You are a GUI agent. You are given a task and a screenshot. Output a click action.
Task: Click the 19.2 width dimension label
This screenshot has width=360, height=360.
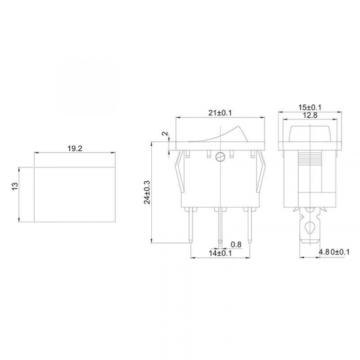(x=74, y=149)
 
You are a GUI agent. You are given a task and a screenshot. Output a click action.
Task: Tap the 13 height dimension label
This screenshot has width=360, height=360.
(x=14, y=186)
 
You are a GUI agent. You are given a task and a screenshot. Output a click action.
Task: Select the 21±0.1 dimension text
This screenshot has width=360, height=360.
(x=220, y=113)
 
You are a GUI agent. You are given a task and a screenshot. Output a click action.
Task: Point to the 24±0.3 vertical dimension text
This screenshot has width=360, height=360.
(x=147, y=193)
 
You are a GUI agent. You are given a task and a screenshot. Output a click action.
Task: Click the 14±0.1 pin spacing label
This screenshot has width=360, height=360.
(x=220, y=253)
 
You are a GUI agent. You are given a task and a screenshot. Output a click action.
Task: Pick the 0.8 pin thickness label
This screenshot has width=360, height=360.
(x=236, y=245)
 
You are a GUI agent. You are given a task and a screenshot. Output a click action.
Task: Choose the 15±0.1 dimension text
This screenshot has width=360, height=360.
(x=310, y=107)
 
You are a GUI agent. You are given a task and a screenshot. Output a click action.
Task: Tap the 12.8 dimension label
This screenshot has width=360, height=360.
(x=310, y=115)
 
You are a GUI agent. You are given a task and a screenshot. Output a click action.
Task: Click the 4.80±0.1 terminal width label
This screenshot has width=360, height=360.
(x=334, y=252)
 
